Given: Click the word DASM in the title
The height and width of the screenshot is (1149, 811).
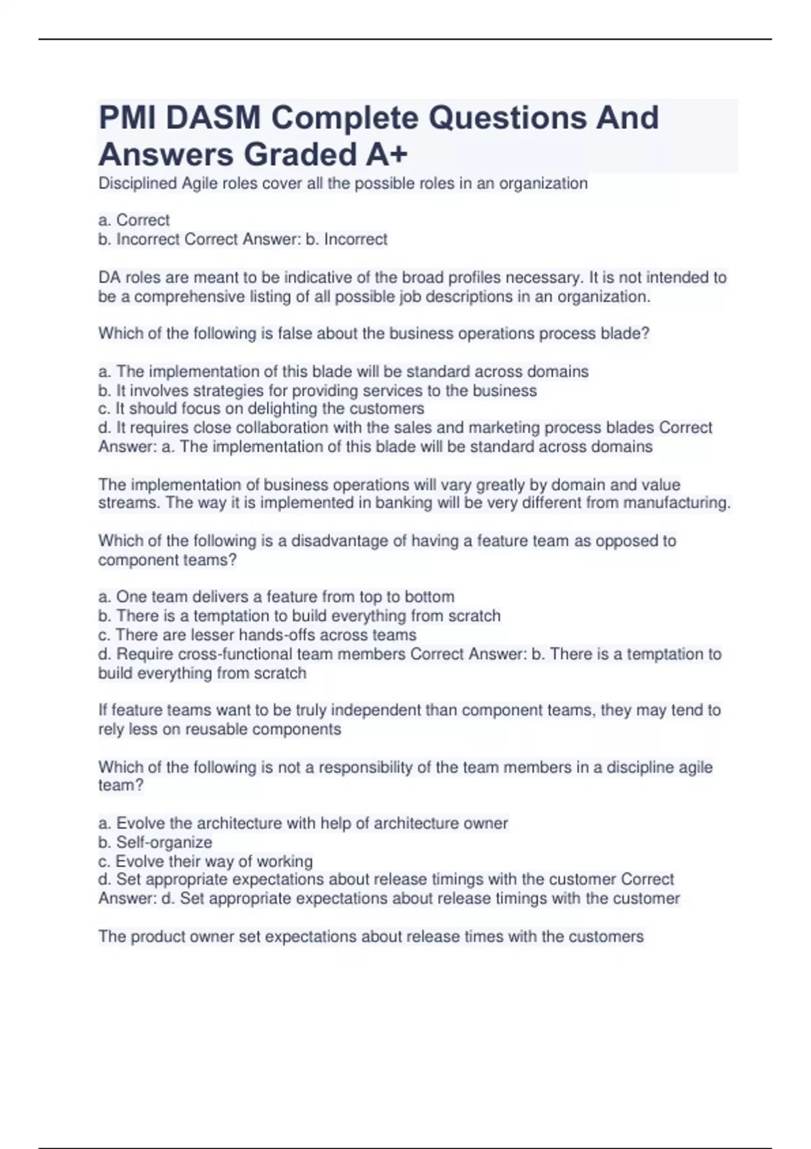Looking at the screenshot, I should tap(213, 118).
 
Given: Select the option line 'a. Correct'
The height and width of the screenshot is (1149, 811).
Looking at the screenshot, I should tap(134, 220).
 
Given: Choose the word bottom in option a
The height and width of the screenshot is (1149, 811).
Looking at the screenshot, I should tap(429, 597).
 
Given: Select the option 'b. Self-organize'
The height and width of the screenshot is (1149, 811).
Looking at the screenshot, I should tap(155, 842).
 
